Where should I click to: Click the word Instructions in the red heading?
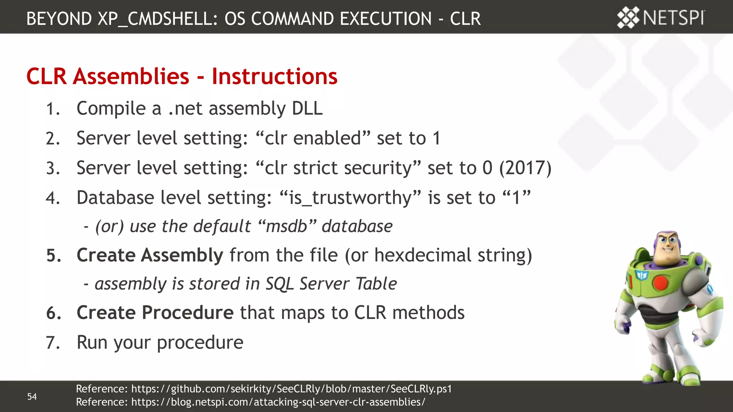[275, 76]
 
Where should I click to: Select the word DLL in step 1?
[307, 108]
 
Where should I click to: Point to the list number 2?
[53, 138]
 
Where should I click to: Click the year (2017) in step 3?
[525, 168]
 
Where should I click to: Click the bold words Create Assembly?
[150, 255]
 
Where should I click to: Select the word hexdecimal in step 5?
[423, 255]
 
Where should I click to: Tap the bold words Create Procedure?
[155, 313]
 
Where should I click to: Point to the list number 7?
[53, 343]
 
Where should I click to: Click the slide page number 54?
[32, 396]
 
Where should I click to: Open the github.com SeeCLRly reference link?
[291, 389]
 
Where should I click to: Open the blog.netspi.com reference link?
[278, 402]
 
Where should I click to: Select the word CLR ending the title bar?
[465, 19]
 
